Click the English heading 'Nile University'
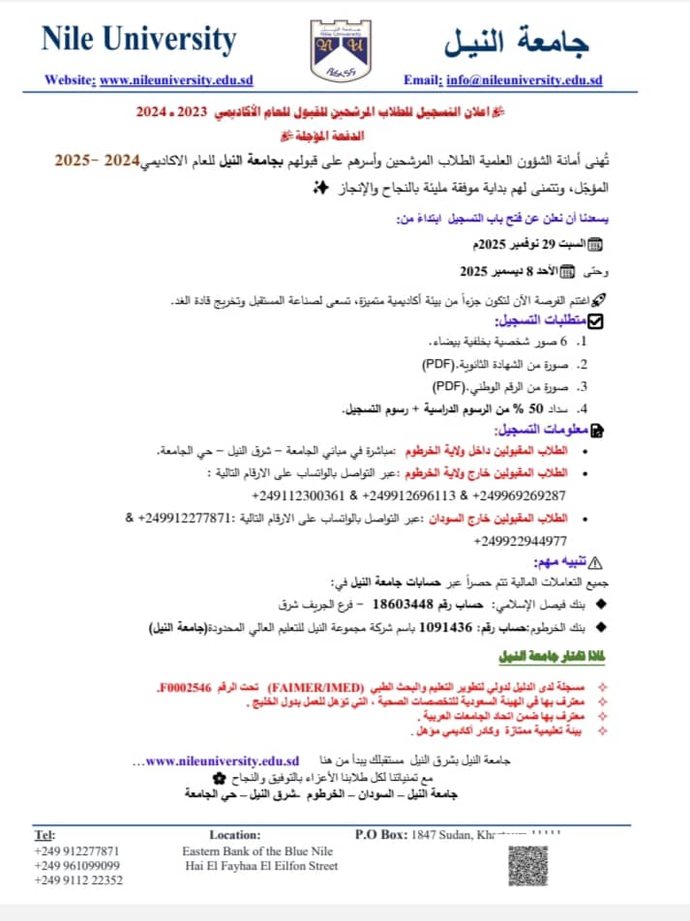click(138, 40)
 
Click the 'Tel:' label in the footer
click(45, 834)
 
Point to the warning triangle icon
click(594, 561)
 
